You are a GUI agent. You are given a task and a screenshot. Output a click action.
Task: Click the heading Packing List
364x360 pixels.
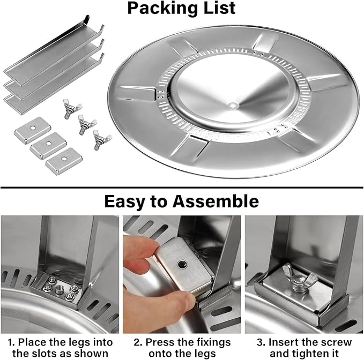pyautogui.click(x=181, y=9)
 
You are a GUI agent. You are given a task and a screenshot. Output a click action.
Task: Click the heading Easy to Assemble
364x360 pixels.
pyautogui.click(x=181, y=201)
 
